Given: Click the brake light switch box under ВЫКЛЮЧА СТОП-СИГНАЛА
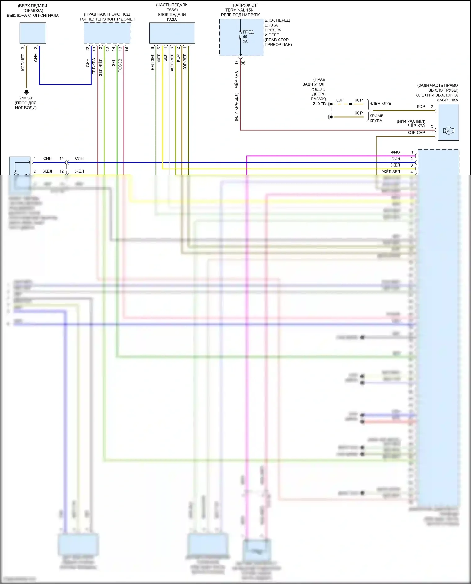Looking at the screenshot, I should click(x=33, y=33).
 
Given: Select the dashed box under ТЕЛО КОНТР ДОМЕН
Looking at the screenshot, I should click(x=107, y=33).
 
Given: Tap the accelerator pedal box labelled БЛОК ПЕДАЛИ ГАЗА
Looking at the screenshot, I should click(x=172, y=33).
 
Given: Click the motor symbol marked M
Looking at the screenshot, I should click(x=448, y=131).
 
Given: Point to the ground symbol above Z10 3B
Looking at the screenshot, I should click(x=26, y=92).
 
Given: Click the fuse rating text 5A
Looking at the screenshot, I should click(x=245, y=41).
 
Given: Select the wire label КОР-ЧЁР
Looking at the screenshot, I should click(x=23, y=62).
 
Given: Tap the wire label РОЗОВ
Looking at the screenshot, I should click(x=120, y=66).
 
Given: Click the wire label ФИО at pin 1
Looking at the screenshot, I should click(x=395, y=152).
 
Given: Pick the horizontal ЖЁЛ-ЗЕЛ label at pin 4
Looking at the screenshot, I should click(x=391, y=172).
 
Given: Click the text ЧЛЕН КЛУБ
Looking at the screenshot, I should click(x=380, y=104).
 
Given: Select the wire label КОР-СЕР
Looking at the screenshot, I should click(x=416, y=133).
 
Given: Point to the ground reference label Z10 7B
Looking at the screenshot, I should click(x=319, y=104).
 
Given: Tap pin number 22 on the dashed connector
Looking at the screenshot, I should click(x=88, y=49).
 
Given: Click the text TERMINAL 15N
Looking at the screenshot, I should click(x=239, y=10).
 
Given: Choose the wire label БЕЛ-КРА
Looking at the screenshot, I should click(x=94, y=66).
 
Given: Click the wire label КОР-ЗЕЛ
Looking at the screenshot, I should click(x=185, y=62).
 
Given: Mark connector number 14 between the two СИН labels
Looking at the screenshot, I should click(x=62, y=158).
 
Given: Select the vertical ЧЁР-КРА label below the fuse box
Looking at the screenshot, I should click(x=236, y=79).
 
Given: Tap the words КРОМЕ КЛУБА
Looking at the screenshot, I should click(x=376, y=118).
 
